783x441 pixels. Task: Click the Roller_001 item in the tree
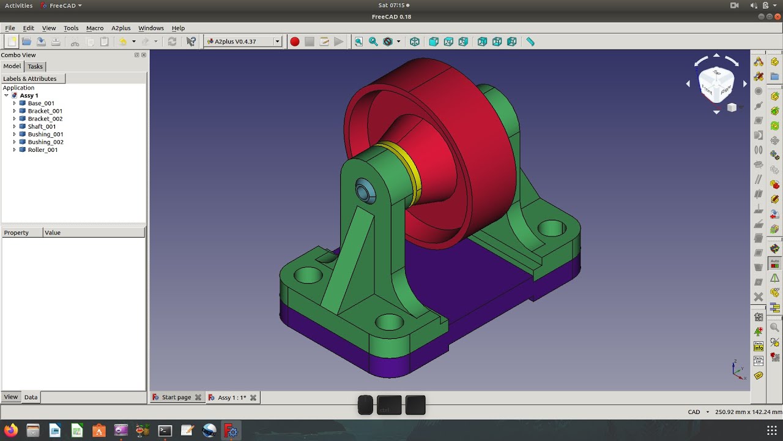[42, 149]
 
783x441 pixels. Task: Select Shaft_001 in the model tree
[42, 126]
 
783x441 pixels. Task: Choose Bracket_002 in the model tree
[45, 119]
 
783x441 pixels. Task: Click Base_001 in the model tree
[41, 103]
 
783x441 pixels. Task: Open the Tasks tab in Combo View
[35, 66]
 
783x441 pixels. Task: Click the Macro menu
[95, 28]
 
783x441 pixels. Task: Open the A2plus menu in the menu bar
[121, 28]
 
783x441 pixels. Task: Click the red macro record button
[295, 42]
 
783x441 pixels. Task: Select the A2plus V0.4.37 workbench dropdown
[243, 42]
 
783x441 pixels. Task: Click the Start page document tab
[176, 398]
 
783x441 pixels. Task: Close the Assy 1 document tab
[253, 398]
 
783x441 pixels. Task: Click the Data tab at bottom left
[31, 397]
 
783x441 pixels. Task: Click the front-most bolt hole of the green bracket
[389, 322]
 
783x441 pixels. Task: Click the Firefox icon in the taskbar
[10, 430]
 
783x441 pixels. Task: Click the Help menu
[178, 28]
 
